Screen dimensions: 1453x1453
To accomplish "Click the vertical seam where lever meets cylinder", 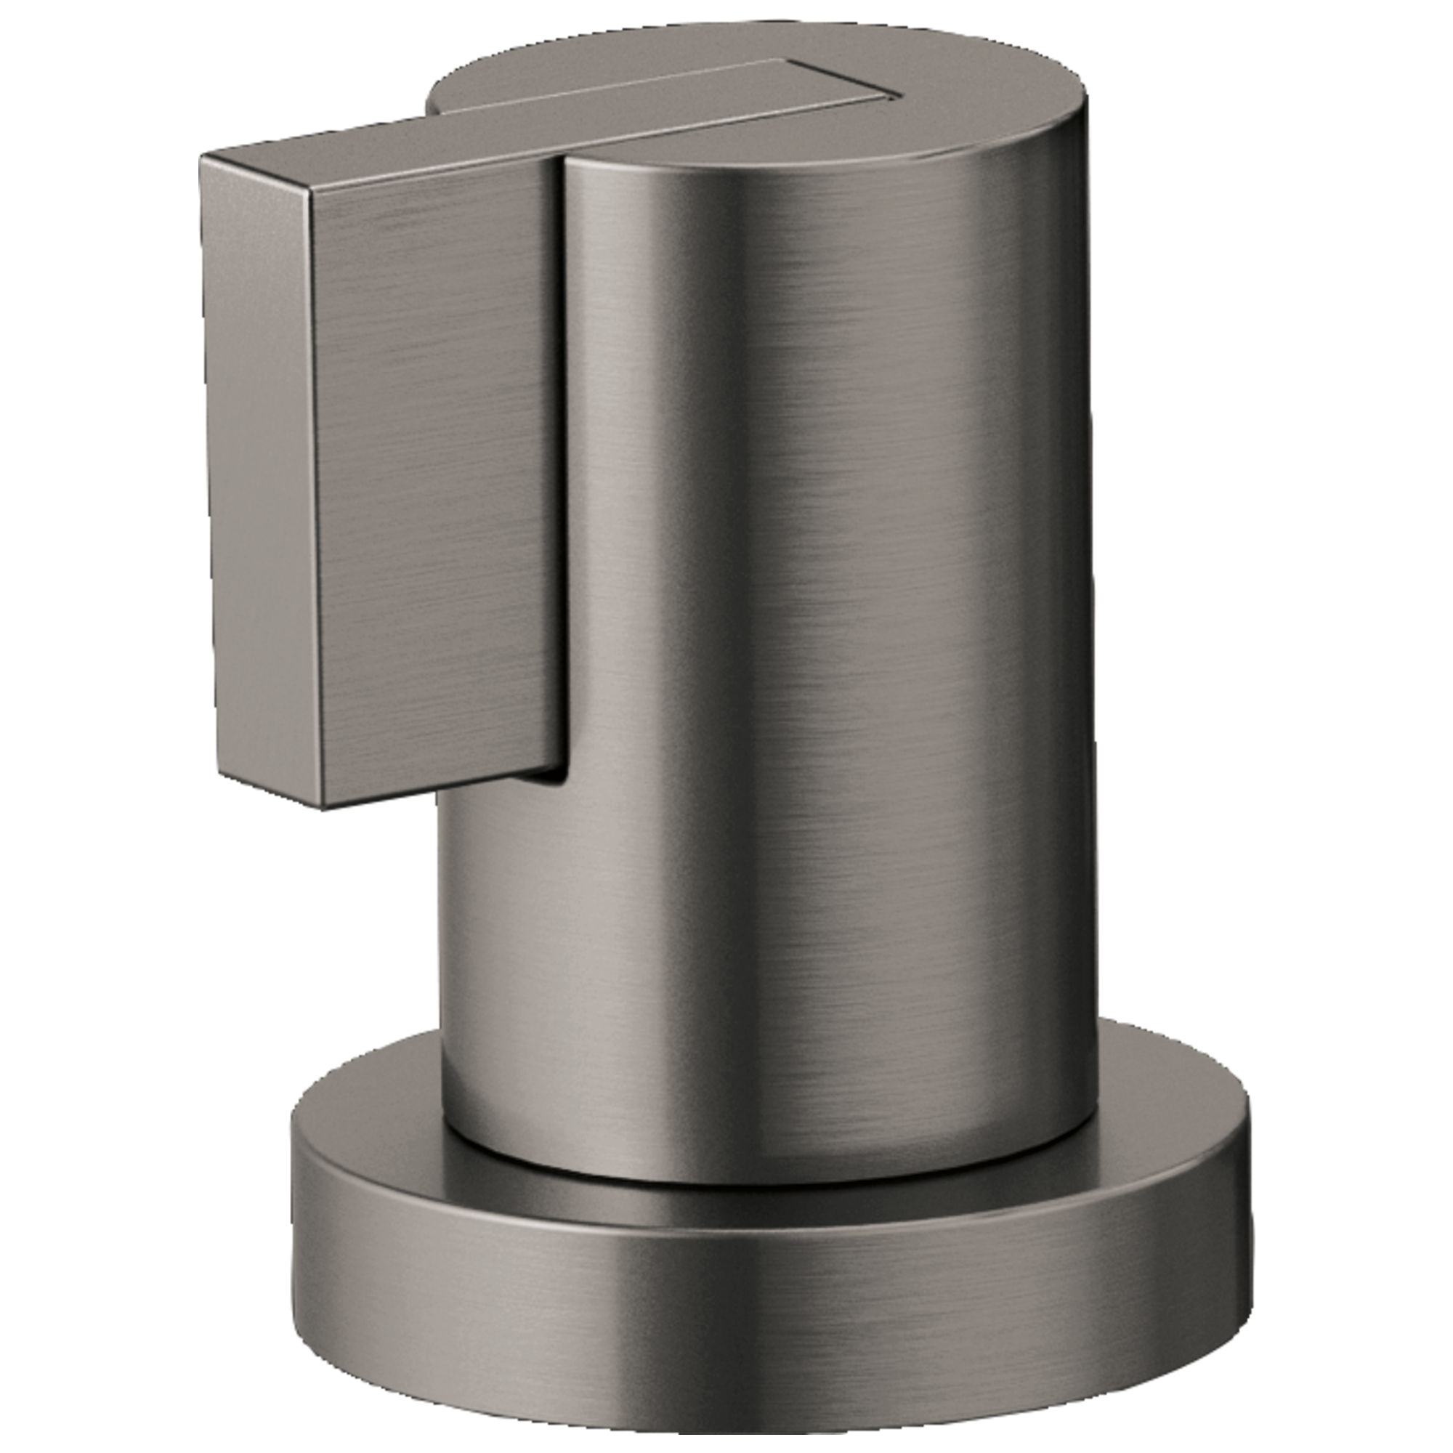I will coord(562,451).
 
